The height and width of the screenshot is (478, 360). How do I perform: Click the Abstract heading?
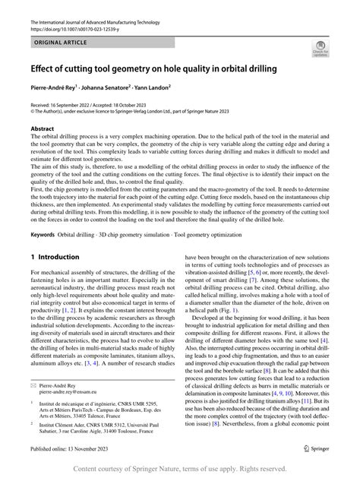[43, 130]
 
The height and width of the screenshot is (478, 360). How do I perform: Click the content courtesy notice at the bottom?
[180, 470]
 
